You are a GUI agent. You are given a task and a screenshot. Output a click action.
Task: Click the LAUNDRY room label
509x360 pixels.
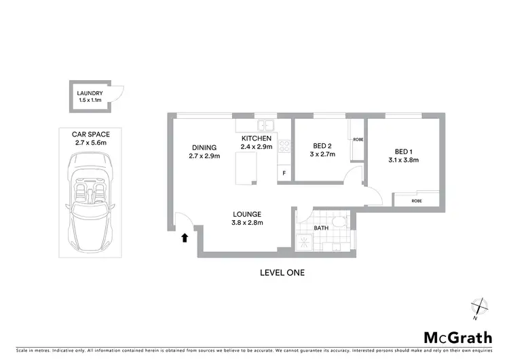tap(90, 93)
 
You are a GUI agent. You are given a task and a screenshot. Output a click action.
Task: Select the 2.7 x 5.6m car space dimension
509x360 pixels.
tap(91, 143)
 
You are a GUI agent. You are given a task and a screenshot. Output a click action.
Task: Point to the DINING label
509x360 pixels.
tap(204, 147)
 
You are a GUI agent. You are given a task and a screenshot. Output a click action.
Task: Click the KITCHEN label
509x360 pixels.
tap(256, 138)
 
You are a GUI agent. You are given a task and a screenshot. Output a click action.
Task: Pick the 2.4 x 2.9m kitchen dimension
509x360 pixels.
tap(256, 147)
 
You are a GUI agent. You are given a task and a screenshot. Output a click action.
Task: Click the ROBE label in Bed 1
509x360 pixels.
tap(417, 201)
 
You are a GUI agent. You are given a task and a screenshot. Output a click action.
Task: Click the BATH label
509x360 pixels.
tap(320, 228)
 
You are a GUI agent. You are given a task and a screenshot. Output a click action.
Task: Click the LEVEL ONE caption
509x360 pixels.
tap(282, 273)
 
